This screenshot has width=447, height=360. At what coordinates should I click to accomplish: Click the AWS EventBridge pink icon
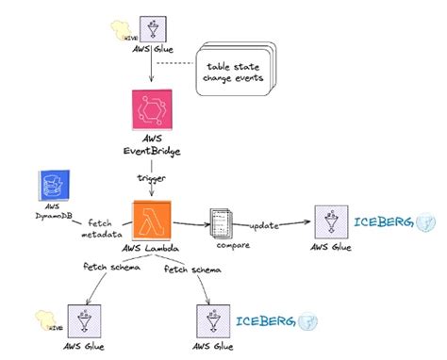pos(151,114)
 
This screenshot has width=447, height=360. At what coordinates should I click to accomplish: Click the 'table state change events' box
pos(234,72)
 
